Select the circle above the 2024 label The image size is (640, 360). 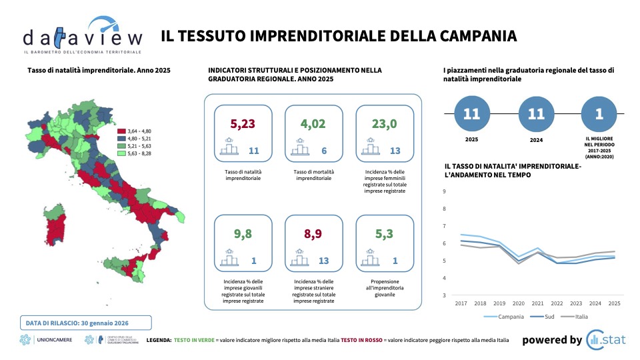[x=535, y=114]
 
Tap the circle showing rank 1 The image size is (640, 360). [x=599, y=114]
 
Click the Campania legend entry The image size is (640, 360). [x=506, y=317]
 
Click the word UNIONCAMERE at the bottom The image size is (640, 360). [x=55, y=340]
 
